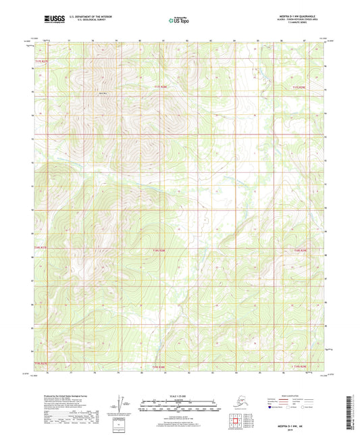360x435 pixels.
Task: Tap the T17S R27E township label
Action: coord(41,61)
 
